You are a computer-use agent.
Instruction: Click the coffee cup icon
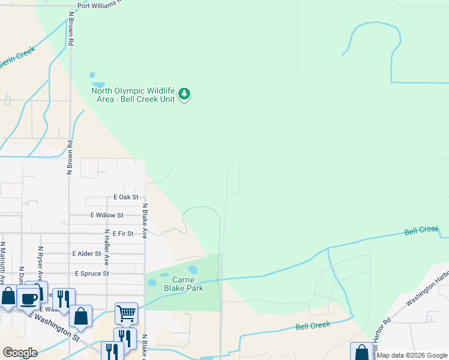click(x=28, y=298)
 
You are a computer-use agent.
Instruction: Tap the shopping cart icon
click(x=126, y=313)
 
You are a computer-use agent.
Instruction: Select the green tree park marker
click(x=185, y=94)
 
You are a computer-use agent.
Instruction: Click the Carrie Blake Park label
click(x=188, y=284)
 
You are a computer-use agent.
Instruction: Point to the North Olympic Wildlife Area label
click(x=133, y=95)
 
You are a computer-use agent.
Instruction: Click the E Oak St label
click(x=126, y=197)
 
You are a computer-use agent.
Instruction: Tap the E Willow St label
click(x=107, y=215)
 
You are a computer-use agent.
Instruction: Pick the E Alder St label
click(x=86, y=254)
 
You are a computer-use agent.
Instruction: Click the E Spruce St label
click(x=92, y=274)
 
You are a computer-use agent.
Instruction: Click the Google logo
click(x=19, y=353)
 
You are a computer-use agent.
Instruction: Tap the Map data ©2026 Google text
click(x=412, y=355)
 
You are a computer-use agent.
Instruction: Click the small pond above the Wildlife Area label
click(x=92, y=76)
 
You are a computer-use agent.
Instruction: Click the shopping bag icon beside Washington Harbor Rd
click(x=361, y=352)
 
